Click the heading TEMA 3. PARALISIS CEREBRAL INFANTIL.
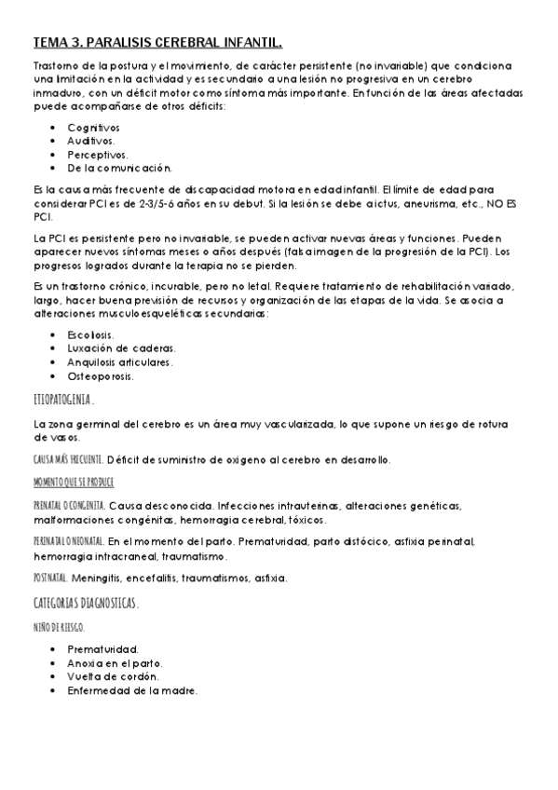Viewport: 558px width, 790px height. click(157, 43)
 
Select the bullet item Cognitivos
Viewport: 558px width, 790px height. click(93, 127)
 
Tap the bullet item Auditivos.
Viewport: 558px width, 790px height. click(91, 141)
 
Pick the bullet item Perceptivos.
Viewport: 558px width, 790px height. click(97, 155)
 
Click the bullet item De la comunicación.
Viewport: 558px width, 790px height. click(120, 169)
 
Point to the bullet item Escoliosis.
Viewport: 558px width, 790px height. click(91, 334)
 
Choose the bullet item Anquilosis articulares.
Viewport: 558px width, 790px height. click(120, 362)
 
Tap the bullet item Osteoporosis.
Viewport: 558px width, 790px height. click(100, 376)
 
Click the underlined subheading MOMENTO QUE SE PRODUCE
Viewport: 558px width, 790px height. click(73, 483)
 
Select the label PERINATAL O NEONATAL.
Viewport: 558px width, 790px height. click(68, 542)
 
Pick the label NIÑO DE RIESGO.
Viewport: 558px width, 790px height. click(59, 626)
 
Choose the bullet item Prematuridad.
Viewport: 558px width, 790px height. click(102, 648)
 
